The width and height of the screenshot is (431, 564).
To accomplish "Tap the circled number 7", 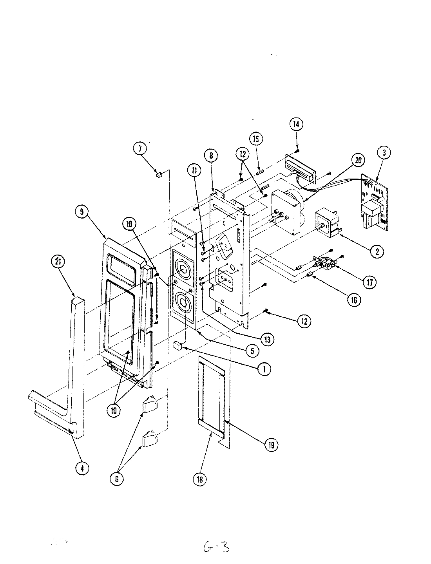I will pos(140,148).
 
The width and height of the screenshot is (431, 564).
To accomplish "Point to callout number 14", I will pos(296,124).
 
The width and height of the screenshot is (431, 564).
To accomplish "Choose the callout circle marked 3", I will pos(384,153).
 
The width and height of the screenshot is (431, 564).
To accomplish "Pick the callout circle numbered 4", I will pos(81,468).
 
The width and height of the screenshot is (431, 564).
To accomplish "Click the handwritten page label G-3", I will pos(216,547).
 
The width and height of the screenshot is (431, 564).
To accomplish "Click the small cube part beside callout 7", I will pos(159,175).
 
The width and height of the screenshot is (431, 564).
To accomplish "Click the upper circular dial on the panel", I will pos(182,269).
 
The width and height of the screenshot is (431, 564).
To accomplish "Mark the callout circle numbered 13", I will pos(267,340).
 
